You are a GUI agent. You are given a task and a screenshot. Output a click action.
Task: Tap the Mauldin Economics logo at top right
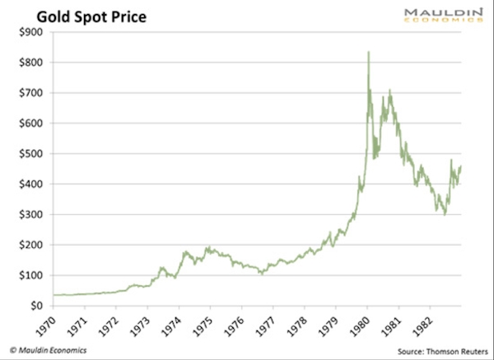click(x=444, y=16)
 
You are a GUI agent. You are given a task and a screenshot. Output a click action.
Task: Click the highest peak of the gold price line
click(x=368, y=53)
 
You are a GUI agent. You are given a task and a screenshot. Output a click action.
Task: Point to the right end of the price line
click(x=460, y=167)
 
